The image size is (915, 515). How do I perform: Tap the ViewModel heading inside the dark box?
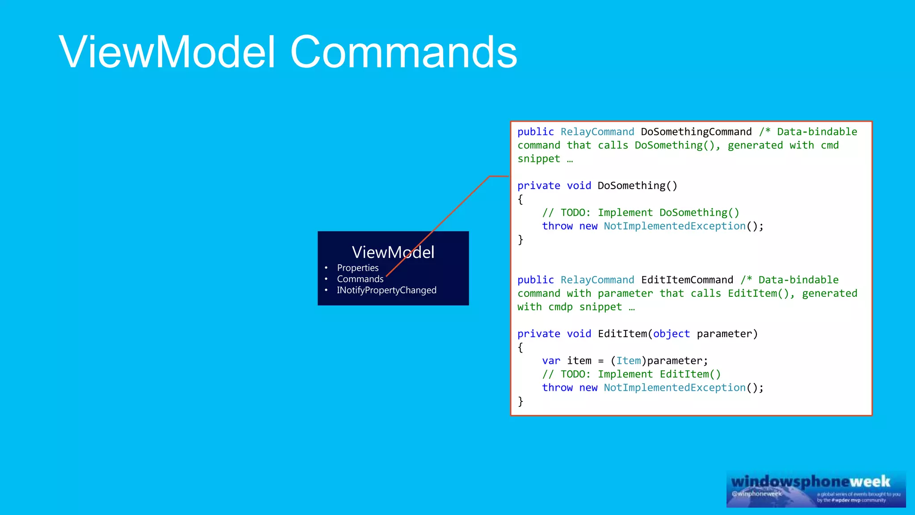(x=393, y=253)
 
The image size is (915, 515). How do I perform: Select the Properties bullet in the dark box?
(x=357, y=268)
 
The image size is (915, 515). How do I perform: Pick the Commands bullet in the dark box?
(x=360, y=279)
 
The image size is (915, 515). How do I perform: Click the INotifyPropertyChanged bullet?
(x=386, y=290)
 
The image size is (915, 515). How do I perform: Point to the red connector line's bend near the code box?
(x=490, y=177)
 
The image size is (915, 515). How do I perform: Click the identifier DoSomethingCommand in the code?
(x=696, y=132)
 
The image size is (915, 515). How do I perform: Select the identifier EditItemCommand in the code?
(x=687, y=280)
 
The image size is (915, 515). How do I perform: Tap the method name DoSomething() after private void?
(x=637, y=186)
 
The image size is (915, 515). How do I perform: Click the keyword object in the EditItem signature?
(x=671, y=334)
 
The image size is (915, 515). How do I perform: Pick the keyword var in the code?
(x=551, y=361)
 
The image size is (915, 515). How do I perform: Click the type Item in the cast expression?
(x=628, y=361)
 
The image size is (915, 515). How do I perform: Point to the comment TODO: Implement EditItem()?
(x=640, y=374)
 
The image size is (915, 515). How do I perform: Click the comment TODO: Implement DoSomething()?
(x=650, y=213)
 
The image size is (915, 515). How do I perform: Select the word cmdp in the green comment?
(x=560, y=307)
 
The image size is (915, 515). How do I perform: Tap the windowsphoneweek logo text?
(x=810, y=481)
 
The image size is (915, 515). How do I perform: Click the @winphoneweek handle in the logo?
(x=756, y=494)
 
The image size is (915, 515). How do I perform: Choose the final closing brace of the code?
(x=520, y=401)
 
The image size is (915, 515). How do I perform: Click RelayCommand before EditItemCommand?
(x=597, y=280)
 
